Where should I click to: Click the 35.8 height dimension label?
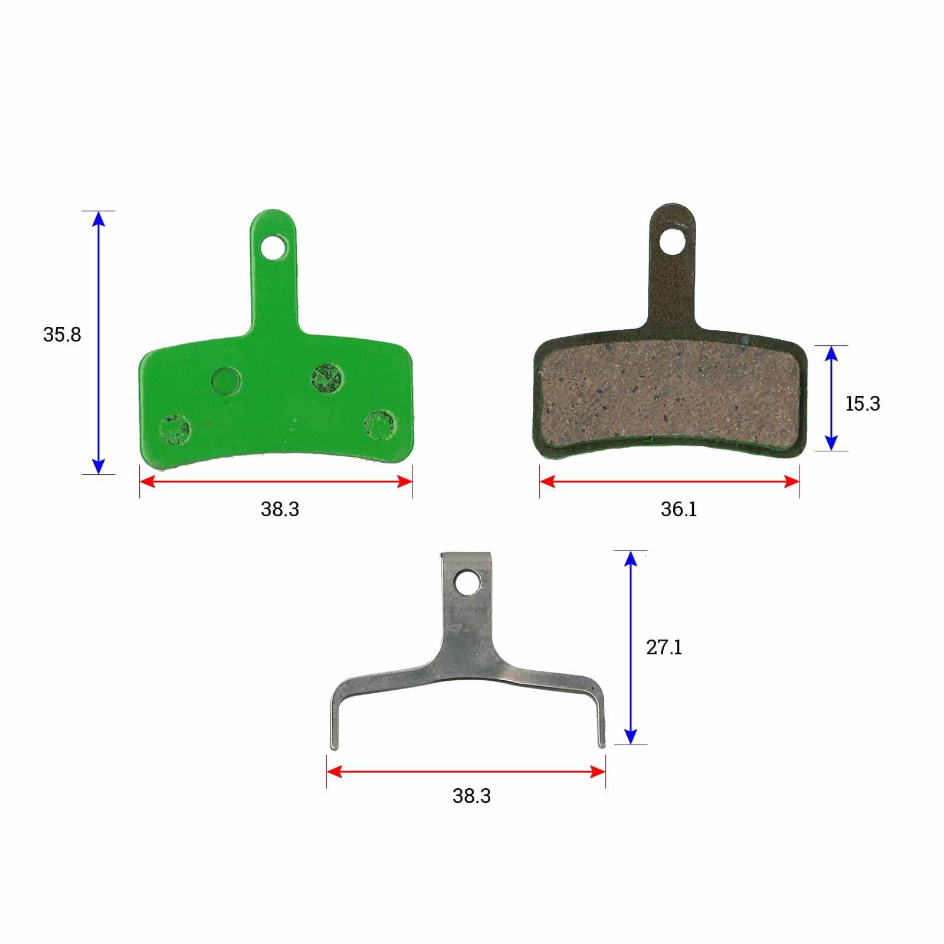click(x=62, y=335)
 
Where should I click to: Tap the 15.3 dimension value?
click(x=863, y=404)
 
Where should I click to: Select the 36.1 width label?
click(x=678, y=509)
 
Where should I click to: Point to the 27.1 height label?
click(x=664, y=647)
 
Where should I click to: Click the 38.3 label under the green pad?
click(x=280, y=509)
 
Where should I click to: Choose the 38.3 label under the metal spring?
click(x=471, y=796)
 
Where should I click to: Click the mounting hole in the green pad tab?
click(x=274, y=247)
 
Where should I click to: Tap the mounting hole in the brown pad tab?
click(x=672, y=241)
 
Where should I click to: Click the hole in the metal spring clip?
click(x=467, y=582)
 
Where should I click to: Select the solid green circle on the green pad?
click(x=226, y=381)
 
